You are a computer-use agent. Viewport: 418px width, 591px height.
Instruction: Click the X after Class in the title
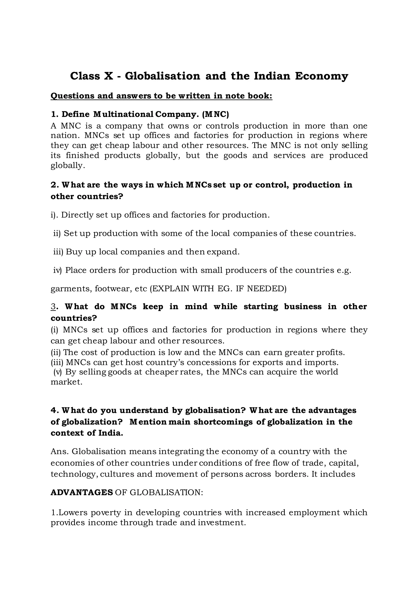click(108, 76)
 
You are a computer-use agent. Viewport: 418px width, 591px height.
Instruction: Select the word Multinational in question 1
click(123, 114)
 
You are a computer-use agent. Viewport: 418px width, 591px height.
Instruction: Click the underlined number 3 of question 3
click(53, 307)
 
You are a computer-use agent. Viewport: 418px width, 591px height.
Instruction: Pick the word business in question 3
click(303, 307)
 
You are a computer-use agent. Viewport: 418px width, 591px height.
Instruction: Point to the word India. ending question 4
click(111, 433)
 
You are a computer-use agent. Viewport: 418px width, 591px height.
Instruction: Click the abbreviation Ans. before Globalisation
click(60, 451)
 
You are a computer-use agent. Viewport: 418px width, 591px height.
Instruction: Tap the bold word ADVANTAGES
click(82, 492)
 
